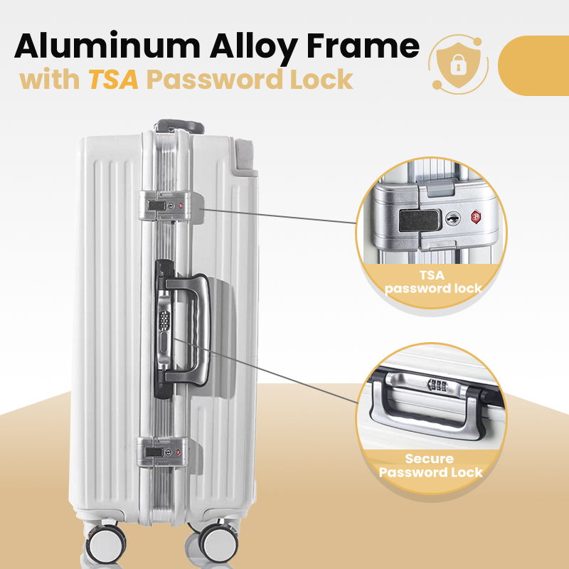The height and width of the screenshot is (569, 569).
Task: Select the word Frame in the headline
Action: click(x=370, y=46)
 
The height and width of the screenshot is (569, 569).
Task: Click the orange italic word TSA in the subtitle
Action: click(x=113, y=80)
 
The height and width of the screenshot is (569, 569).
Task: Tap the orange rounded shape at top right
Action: click(x=535, y=65)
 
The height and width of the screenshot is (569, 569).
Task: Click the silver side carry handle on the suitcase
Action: click(x=190, y=327)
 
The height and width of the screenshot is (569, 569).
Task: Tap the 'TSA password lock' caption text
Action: click(x=432, y=282)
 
